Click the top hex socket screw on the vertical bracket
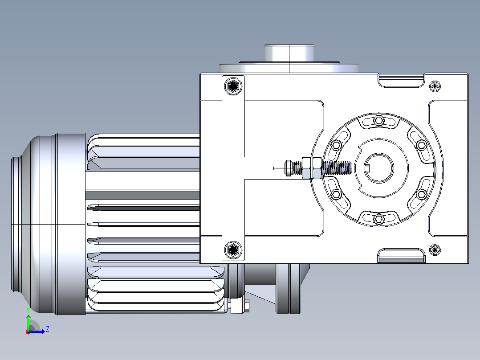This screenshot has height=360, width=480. pyautogui.click(x=233, y=86)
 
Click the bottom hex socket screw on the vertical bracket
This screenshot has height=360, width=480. pyautogui.click(x=233, y=250)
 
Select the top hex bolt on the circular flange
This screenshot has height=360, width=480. pyautogui.click(x=379, y=120)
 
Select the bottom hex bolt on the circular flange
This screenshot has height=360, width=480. pyautogui.click(x=379, y=219)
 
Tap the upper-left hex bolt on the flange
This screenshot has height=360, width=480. pyautogui.click(x=337, y=145)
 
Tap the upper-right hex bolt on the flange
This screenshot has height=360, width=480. pyautogui.click(x=422, y=145)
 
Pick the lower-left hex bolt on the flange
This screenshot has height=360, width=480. pyautogui.click(x=337, y=194)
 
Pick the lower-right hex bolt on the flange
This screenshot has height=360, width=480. pyautogui.click(x=422, y=194)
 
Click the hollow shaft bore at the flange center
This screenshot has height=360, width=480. pyautogui.click(x=379, y=168)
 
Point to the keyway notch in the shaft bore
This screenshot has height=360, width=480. pyautogui.click(x=367, y=168)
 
